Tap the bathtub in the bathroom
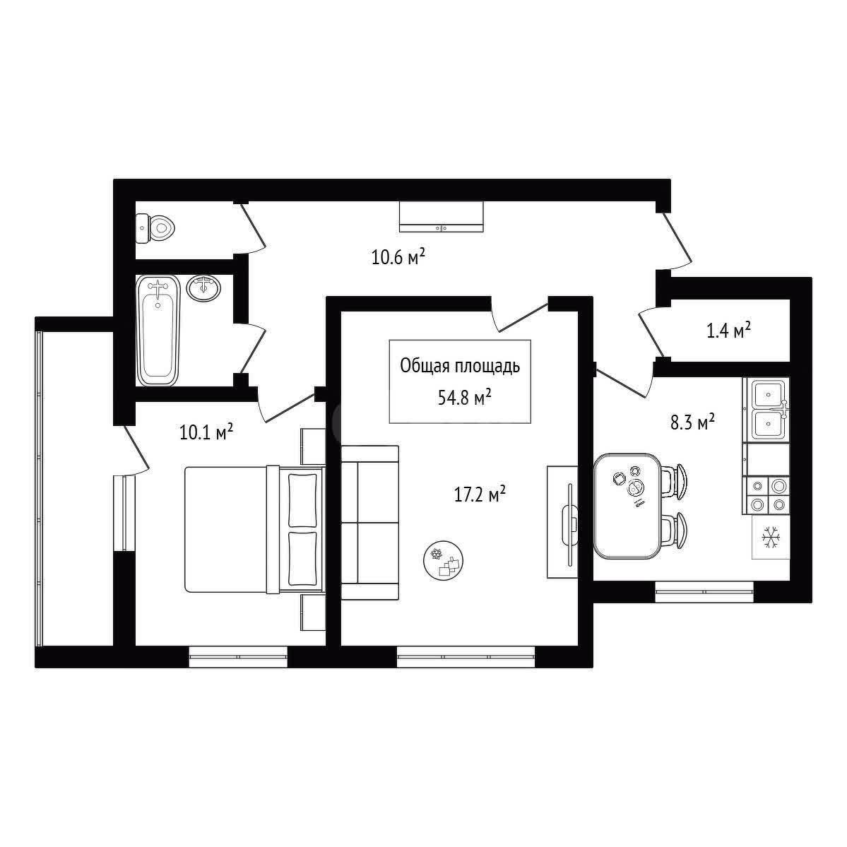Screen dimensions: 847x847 coord(158,330)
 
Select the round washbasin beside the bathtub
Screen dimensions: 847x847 coord(203,288)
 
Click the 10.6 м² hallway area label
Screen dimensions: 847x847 coord(398,256)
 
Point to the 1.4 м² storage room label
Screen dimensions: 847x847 coord(729,330)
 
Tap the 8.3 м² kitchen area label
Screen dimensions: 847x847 coord(692,422)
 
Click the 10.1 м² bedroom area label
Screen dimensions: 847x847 coord(206,432)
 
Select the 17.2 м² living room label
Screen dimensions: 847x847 coord(480,494)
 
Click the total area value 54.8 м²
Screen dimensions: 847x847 coord(465,398)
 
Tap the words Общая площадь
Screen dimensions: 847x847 coord(460,367)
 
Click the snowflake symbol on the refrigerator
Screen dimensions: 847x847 coord(770,538)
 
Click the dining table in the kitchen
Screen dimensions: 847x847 coord(628,506)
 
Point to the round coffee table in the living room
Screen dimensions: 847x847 coord(444,560)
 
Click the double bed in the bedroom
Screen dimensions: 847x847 coord(254,529)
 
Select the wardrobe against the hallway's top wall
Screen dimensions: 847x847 coord(442,217)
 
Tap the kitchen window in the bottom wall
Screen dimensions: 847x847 coord(704,592)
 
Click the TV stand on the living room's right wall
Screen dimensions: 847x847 coord(562,522)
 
